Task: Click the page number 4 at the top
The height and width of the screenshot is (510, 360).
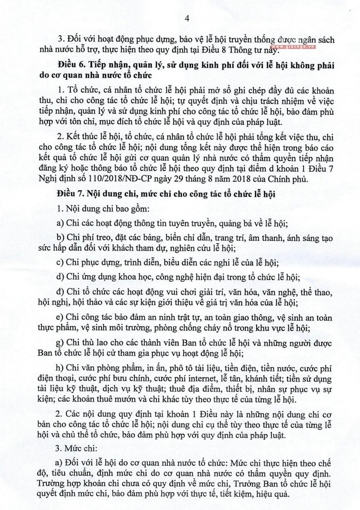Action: [x=187, y=19]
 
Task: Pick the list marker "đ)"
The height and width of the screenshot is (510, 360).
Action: [x=61, y=292]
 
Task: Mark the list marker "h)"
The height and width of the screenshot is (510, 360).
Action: [x=61, y=369]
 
